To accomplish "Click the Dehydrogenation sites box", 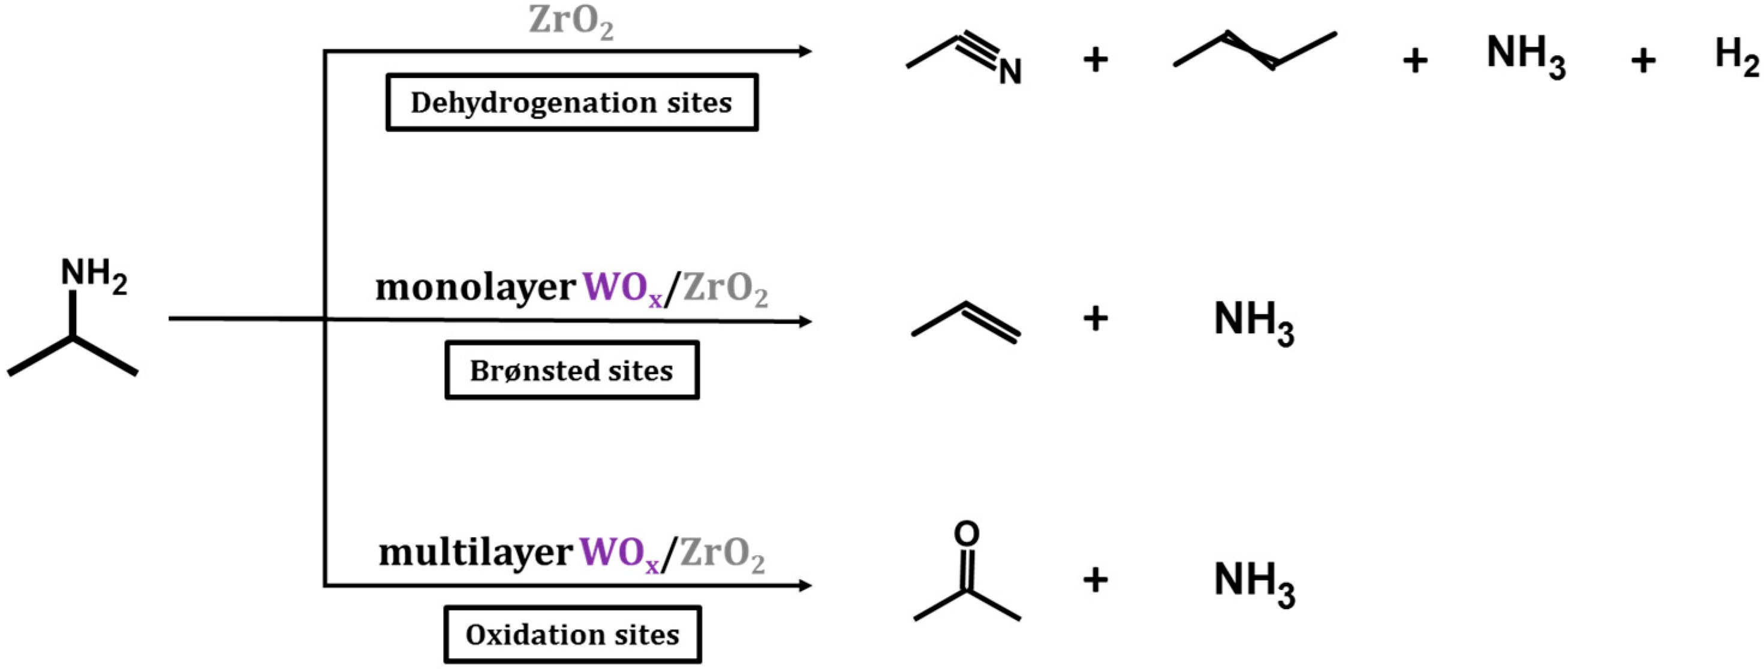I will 572,103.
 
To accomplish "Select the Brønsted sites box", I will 572,370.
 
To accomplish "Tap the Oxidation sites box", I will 572,635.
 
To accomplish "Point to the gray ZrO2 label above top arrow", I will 570,22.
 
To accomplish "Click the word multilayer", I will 475,553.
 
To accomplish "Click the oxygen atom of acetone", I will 966,534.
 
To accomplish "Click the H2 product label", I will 1736,56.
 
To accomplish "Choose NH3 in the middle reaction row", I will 1253,321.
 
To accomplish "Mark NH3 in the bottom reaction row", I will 1253,582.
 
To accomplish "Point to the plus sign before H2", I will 1643,61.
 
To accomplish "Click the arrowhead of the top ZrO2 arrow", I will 805,52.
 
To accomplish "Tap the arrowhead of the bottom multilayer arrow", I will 805,586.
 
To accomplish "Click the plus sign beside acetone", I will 1095,579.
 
